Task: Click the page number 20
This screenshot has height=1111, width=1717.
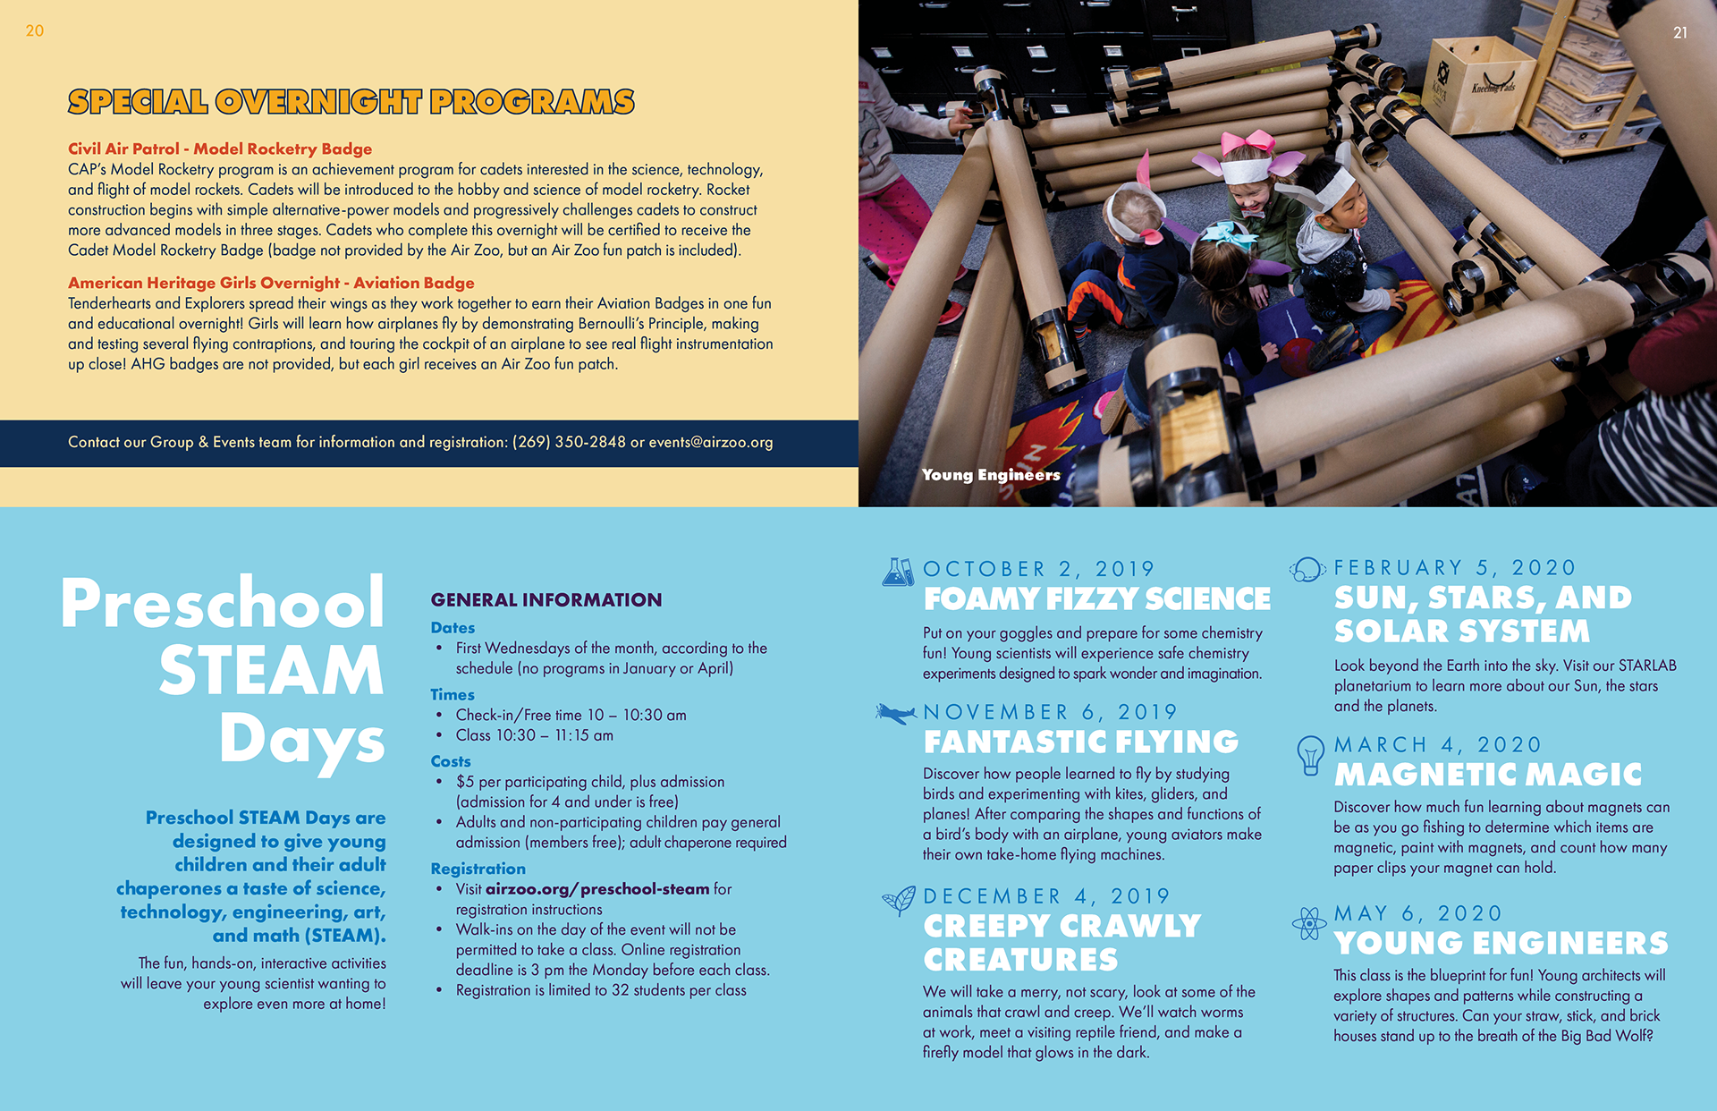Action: pos(35,31)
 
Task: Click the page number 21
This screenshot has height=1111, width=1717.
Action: pos(1680,33)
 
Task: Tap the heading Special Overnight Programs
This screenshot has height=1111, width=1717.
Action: pos(351,102)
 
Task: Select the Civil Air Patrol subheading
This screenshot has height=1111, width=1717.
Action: pos(220,148)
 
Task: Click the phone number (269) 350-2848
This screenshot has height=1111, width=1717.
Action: pos(569,442)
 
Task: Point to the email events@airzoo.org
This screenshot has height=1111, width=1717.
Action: pos(711,442)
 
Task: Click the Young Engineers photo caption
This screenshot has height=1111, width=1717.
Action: pos(991,475)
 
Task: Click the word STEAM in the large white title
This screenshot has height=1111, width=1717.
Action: pos(271,671)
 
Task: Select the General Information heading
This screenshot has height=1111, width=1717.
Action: pos(546,600)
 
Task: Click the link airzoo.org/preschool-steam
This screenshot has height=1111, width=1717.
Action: pos(597,889)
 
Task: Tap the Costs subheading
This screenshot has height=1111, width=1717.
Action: pos(451,761)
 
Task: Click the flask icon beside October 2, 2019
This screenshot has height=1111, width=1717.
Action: pos(897,572)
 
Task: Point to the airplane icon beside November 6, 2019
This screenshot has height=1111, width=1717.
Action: pos(896,714)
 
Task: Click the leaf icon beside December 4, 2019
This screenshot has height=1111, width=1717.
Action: pos(898,899)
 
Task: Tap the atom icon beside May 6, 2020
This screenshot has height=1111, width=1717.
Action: pos(1308,923)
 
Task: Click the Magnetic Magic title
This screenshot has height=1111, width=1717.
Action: pos(1488,775)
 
